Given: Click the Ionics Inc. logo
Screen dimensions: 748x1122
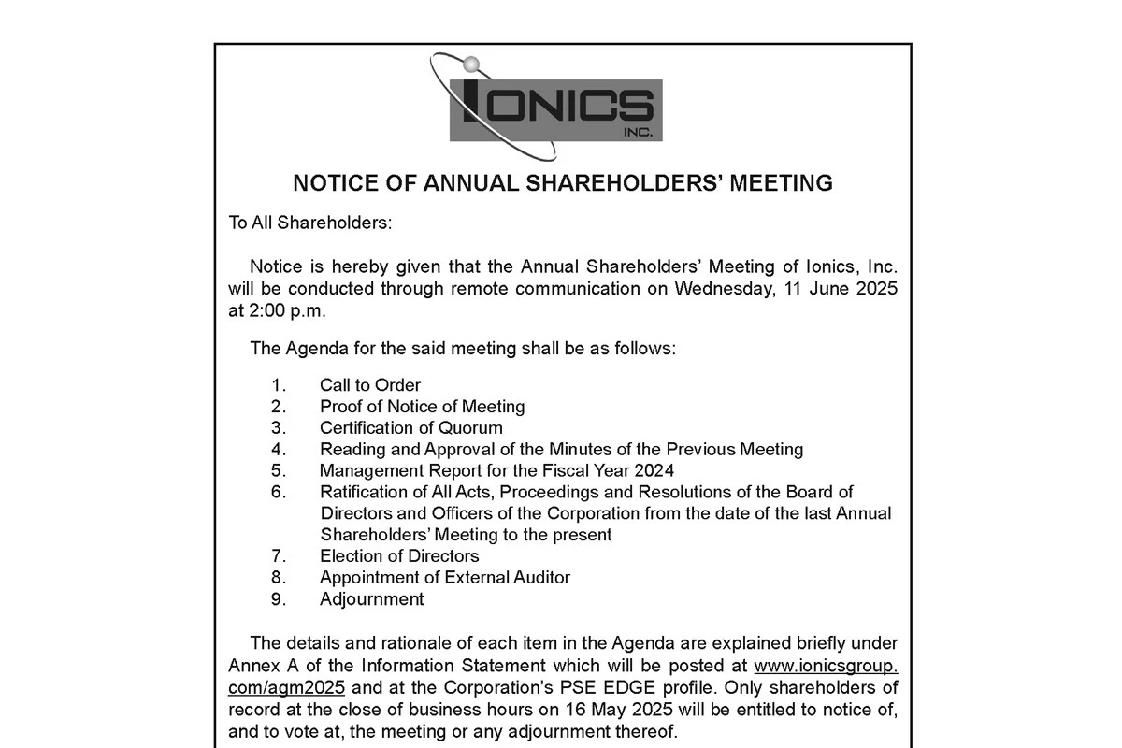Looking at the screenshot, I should (x=555, y=108).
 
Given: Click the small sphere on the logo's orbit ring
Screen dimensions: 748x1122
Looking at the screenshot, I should (x=471, y=65).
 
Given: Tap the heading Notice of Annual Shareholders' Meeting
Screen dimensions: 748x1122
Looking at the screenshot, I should (x=563, y=183).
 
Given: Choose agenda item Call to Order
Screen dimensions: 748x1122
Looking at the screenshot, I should (x=370, y=385).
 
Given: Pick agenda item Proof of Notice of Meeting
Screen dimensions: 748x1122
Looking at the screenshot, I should (x=422, y=407).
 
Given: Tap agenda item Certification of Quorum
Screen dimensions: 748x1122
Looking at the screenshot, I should (x=411, y=428).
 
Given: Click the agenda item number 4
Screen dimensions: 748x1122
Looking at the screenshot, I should (x=279, y=450).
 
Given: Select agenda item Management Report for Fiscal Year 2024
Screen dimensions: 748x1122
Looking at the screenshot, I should (x=496, y=470).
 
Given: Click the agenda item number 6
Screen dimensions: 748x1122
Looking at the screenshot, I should (x=279, y=492).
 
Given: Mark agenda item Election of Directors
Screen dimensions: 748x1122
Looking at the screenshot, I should (x=399, y=556).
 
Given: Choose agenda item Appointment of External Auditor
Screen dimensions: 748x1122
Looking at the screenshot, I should (x=445, y=578).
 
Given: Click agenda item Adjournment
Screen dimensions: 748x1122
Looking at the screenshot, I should (x=372, y=599).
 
